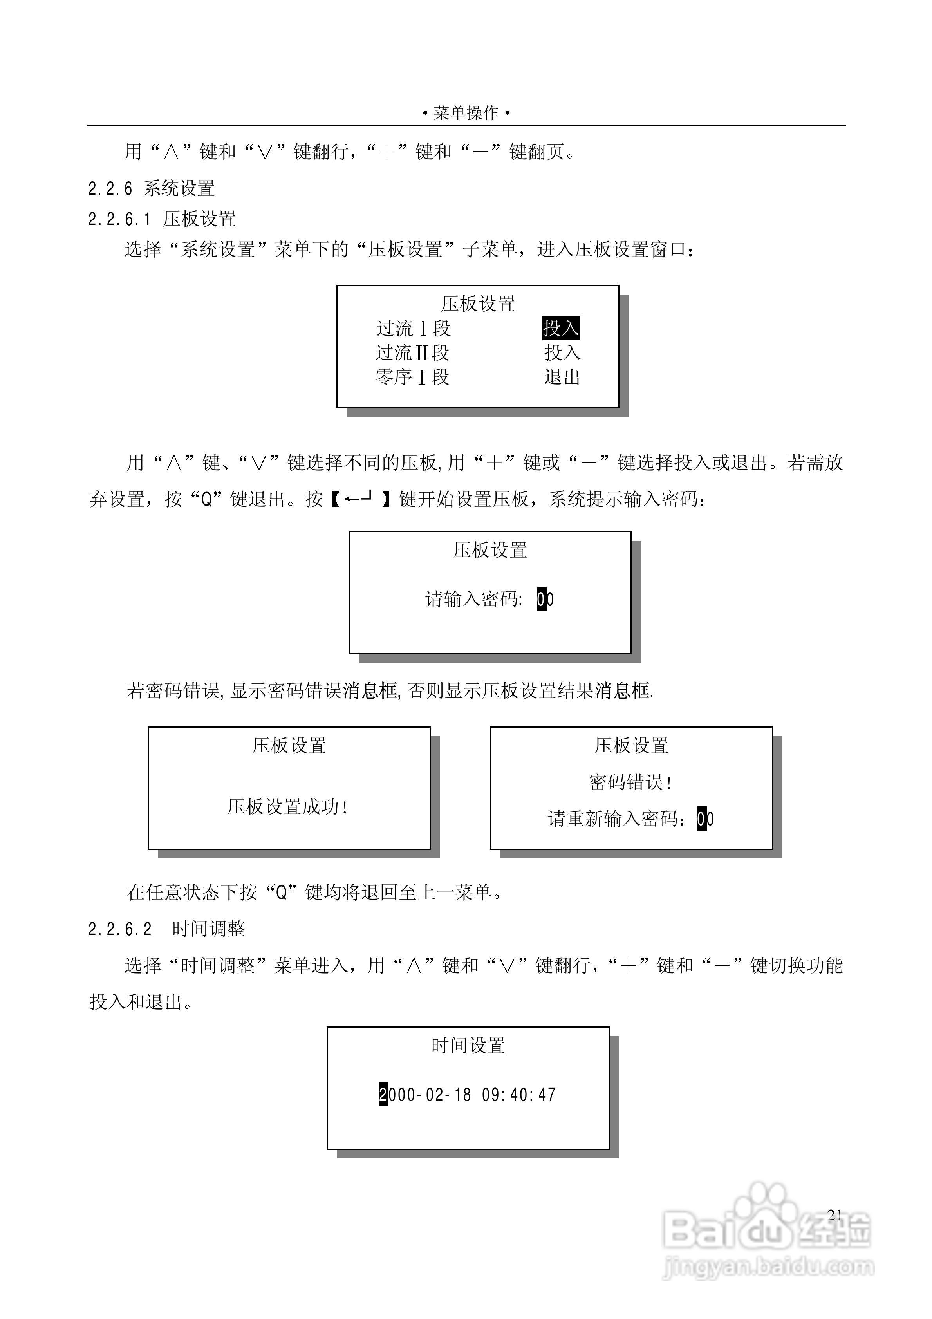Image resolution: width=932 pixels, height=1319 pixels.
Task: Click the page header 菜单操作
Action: click(466, 113)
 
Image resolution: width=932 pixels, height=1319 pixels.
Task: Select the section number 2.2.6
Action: click(110, 188)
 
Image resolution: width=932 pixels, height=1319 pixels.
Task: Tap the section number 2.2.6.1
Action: click(119, 219)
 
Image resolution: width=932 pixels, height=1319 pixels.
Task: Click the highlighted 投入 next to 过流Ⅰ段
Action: click(561, 328)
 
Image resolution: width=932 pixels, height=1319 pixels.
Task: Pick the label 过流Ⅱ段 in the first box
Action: click(413, 352)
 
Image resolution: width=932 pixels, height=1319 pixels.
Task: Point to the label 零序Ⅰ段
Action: click(413, 377)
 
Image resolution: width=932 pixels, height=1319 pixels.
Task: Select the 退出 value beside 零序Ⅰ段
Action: click(562, 377)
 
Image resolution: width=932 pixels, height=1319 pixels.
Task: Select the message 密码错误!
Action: click(630, 782)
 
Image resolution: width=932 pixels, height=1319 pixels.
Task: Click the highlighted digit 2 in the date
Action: click(383, 1094)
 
